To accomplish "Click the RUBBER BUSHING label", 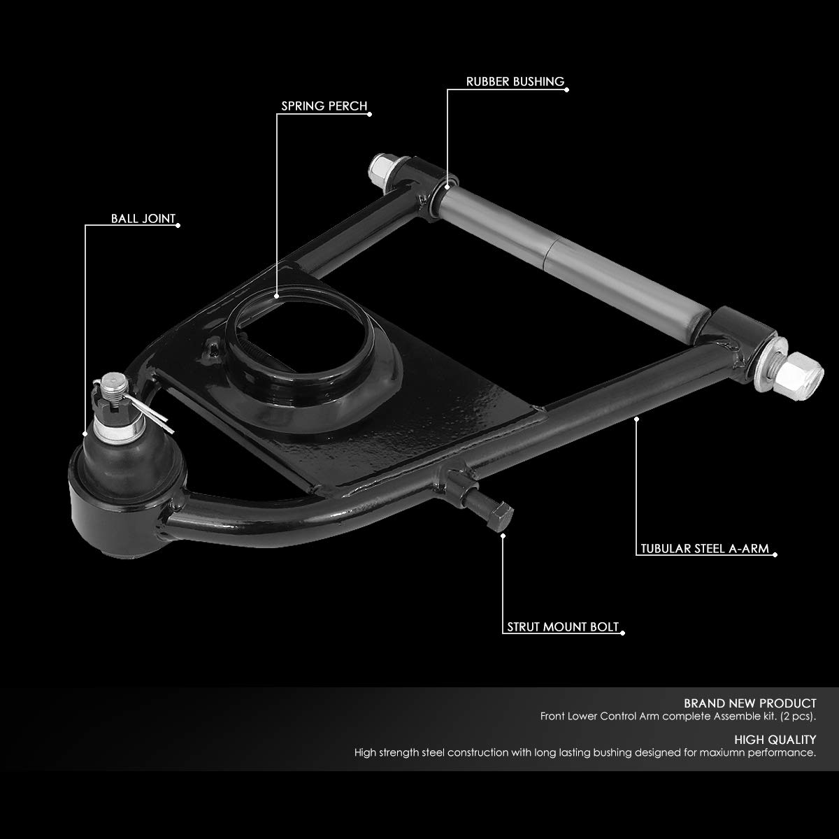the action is click(x=515, y=82).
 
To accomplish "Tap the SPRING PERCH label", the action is click(x=324, y=106).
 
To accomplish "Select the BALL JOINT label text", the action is click(x=143, y=218).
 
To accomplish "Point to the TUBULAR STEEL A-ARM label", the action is click(x=705, y=549).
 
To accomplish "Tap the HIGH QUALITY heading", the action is click(x=775, y=739).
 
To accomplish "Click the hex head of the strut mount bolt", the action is click(x=501, y=516).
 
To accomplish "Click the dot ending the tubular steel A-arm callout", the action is click(x=636, y=419).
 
